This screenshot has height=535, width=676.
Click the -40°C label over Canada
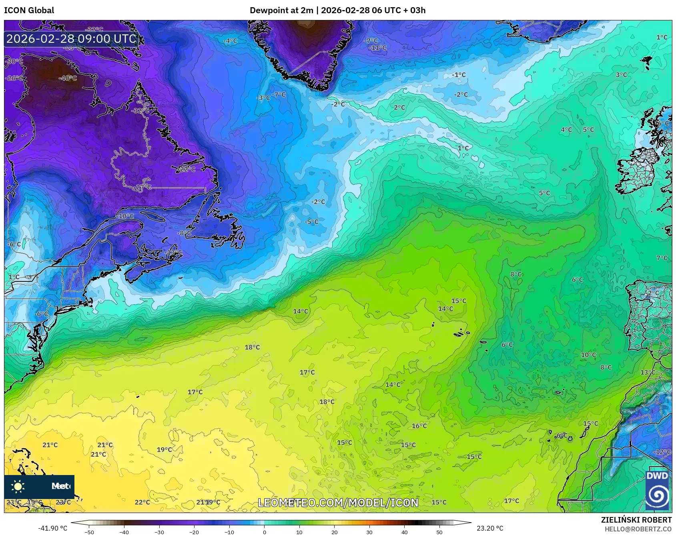pos(68,78)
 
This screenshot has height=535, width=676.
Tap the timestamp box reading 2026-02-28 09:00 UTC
pos(71,39)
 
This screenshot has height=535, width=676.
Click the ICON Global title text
pos(29,10)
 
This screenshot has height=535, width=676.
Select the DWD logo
pos(657,489)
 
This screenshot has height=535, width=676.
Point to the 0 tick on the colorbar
pos(264,532)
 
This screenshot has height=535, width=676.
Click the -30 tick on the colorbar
pos(159,532)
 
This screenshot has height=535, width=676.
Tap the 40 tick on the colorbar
pos(404,532)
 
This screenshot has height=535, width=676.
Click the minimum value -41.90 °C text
pos(52,528)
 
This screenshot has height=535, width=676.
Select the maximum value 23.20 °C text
pos(490,528)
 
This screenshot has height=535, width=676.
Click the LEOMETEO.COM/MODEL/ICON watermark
pos(338,503)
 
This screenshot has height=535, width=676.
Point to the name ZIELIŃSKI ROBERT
pos(636,520)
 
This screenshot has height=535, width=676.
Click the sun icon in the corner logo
pos(18,486)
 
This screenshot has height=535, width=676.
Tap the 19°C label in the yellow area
pos(164,449)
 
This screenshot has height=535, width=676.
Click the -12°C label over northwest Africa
pos(662,452)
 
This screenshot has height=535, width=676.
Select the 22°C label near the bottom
pos(142,502)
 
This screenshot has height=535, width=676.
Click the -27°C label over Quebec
pos(143,187)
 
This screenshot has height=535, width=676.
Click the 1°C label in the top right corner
pos(662,37)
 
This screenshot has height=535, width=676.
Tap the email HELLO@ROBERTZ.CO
pos(638,529)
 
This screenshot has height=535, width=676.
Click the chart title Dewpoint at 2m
pos(281,10)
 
